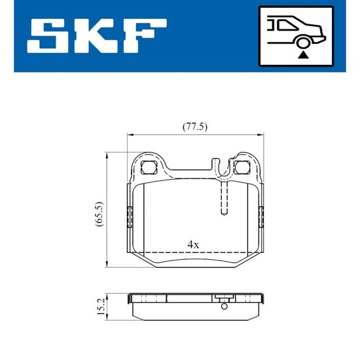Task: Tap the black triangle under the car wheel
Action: point(303,56)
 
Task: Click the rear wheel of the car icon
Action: point(303,43)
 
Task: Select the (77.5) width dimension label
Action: point(195,126)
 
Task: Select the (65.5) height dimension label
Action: point(99,214)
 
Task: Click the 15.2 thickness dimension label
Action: point(101,306)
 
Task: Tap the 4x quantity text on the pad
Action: point(193,245)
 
